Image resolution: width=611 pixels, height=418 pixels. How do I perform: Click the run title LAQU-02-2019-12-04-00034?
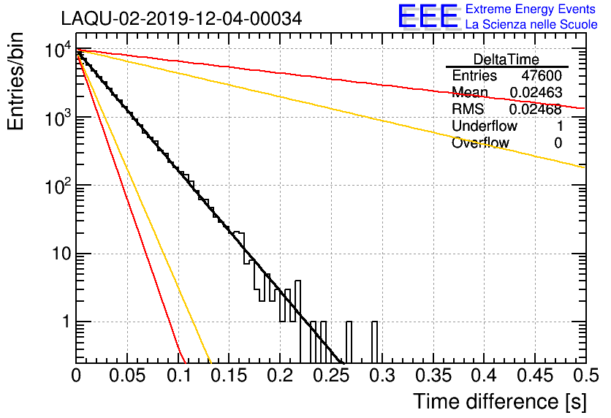(x=181, y=18)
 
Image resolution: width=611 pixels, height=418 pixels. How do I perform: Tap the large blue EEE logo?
(x=428, y=16)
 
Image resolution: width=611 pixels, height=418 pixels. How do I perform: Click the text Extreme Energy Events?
(x=531, y=9)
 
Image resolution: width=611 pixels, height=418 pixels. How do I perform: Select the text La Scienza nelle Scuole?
(x=531, y=24)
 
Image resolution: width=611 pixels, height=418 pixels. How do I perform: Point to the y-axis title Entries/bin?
(x=15, y=81)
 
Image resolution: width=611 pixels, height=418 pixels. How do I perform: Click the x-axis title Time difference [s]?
(x=500, y=402)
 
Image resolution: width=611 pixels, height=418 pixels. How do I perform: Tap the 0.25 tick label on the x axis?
(x=333, y=376)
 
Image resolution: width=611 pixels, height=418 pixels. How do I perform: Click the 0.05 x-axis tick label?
(x=127, y=376)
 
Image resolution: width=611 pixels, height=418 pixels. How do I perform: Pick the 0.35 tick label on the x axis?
(x=433, y=376)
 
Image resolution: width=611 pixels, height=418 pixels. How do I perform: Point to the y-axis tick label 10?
(x=61, y=254)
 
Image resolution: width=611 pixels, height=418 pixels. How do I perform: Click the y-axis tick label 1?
(x=67, y=322)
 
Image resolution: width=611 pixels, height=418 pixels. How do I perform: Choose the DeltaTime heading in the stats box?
(x=506, y=59)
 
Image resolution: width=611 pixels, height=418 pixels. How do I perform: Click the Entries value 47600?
(x=542, y=75)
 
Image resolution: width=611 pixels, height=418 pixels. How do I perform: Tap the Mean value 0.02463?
(x=536, y=92)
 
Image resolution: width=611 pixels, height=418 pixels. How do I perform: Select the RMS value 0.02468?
(x=536, y=110)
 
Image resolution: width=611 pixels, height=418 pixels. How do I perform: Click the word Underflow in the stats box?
(x=485, y=126)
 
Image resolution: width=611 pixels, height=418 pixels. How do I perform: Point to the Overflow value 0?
(x=558, y=143)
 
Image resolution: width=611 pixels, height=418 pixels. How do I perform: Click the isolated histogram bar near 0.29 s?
(x=374, y=343)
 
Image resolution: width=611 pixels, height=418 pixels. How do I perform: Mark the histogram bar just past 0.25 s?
(x=349, y=343)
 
